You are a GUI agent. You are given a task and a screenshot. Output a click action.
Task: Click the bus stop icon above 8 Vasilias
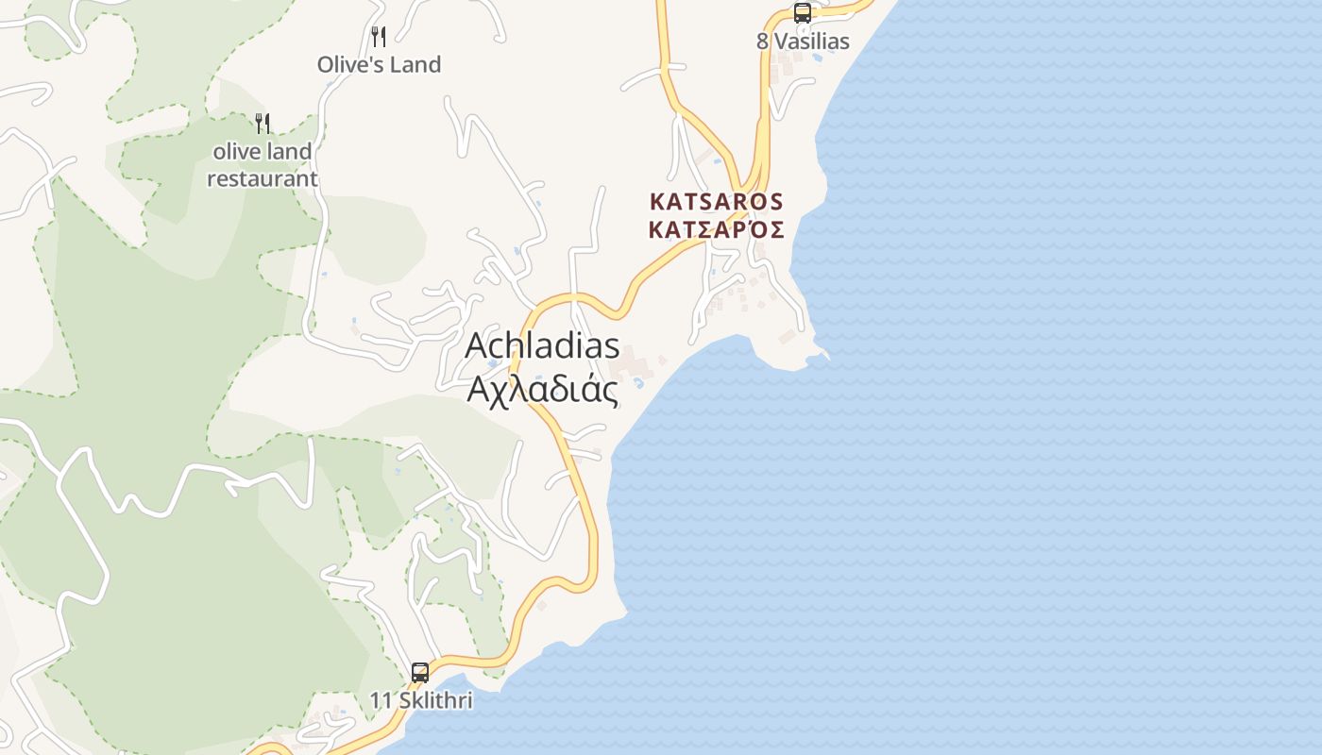pos(802,13)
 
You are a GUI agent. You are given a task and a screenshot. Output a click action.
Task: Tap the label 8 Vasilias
pos(803,42)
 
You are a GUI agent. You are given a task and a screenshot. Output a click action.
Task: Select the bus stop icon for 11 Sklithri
pos(420,673)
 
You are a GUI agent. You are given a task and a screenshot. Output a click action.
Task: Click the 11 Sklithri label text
pos(420,701)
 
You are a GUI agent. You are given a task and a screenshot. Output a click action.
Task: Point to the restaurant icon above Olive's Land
pos(379,37)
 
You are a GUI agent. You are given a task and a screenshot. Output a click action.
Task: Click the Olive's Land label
pos(379,65)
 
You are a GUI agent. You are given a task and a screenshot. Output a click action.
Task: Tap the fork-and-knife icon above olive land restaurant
pos(263,123)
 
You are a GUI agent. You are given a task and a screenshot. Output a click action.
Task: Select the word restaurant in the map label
pos(263,178)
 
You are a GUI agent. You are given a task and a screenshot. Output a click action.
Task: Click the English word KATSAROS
pos(717,202)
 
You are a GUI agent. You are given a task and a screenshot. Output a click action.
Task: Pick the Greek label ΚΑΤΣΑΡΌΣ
pos(717,229)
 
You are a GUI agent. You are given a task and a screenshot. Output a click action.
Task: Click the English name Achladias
pos(542,345)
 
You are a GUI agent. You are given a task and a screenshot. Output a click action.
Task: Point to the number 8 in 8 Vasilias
pos(762,42)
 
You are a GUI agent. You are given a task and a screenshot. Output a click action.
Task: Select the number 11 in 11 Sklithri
pos(380,701)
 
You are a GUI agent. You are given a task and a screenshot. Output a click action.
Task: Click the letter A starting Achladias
pos(478,345)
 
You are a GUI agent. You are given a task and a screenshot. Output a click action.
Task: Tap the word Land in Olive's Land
pos(416,65)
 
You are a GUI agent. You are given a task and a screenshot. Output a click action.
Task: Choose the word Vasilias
pos(812,42)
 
